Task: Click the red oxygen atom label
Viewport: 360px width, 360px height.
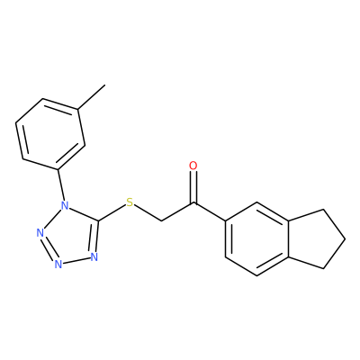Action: (x=193, y=166)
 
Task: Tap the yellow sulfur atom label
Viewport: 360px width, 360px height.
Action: (x=130, y=202)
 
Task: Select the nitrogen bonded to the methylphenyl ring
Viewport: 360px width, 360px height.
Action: (x=64, y=206)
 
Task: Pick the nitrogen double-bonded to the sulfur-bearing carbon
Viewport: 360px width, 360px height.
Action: (x=94, y=257)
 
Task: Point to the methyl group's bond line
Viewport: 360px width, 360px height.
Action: (x=92, y=97)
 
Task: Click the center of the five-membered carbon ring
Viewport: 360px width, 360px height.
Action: (x=318, y=239)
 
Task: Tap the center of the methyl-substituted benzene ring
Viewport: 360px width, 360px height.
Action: (x=50, y=134)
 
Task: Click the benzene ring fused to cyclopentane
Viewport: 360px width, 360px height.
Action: (x=257, y=239)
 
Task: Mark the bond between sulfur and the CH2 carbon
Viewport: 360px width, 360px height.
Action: (x=148, y=213)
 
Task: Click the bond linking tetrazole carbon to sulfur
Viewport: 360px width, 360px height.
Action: (x=112, y=213)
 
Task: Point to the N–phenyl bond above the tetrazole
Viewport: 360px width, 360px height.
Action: (x=60, y=185)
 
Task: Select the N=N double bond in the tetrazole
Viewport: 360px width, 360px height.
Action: (x=48, y=248)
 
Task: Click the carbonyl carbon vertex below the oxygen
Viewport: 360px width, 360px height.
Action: (x=193, y=203)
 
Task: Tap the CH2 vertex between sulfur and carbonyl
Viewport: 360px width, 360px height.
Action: (x=162, y=221)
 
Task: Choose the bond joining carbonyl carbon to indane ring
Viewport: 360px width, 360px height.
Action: (x=210, y=212)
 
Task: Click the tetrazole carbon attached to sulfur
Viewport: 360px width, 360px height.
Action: (x=98, y=221)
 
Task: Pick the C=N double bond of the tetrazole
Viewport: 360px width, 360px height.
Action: (x=94, y=237)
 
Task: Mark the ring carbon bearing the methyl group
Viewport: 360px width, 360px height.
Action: (x=78, y=110)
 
